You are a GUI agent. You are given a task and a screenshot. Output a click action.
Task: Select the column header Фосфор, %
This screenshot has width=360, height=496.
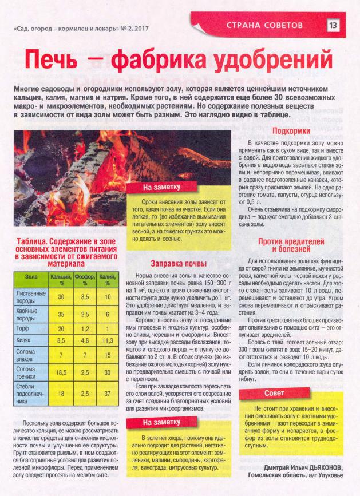(x=85, y=279)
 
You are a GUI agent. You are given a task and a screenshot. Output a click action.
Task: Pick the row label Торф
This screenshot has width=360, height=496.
(x=23, y=329)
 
